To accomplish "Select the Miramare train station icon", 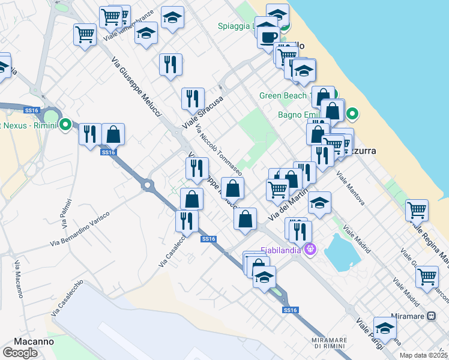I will point(431,316).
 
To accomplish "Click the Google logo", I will point(20,352).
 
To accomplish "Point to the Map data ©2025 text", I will point(423,355).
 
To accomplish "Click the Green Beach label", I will point(283,96).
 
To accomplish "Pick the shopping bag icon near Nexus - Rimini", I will point(113,134).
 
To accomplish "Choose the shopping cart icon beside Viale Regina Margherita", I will point(416,211).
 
